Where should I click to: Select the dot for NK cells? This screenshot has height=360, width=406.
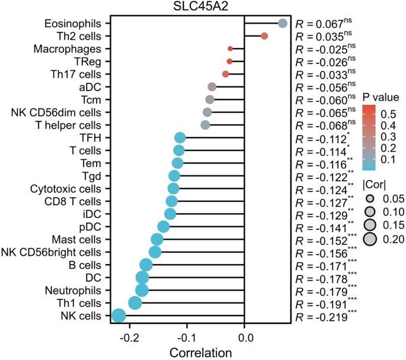point(119,316)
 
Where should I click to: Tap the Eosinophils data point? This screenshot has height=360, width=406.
point(283,23)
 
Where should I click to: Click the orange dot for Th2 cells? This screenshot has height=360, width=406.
point(264,36)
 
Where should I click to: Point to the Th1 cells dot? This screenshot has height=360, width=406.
point(135,303)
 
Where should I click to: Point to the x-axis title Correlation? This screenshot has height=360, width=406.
point(201,352)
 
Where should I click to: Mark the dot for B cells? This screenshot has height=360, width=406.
point(146,265)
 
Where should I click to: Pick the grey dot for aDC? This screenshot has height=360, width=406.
point(212,87)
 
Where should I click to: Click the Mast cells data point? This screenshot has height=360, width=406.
point(157,239)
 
